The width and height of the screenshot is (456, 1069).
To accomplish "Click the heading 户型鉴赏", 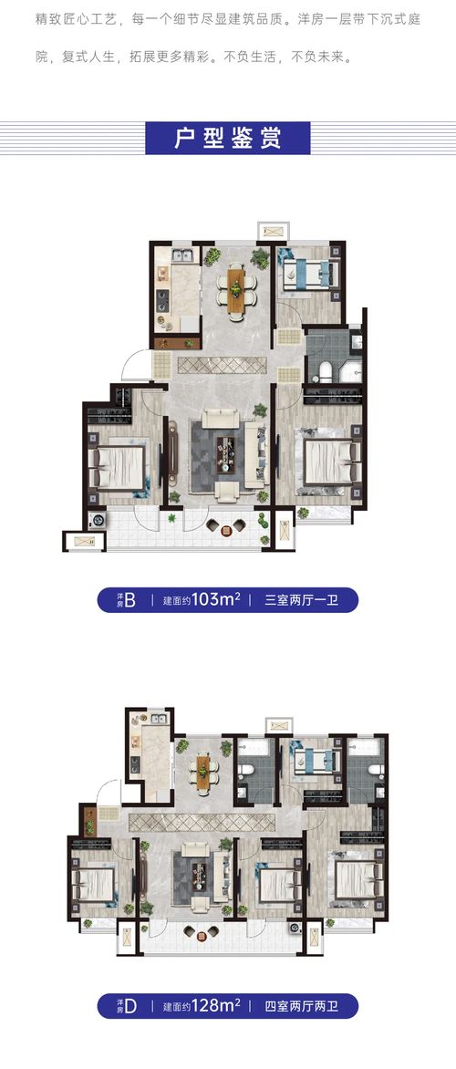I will (228, 138).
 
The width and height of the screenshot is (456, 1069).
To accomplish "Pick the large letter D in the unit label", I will (130, 1006).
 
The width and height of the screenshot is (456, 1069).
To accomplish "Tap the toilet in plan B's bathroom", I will (324, 370).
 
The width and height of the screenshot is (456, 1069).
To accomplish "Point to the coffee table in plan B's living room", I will (226, 447).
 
